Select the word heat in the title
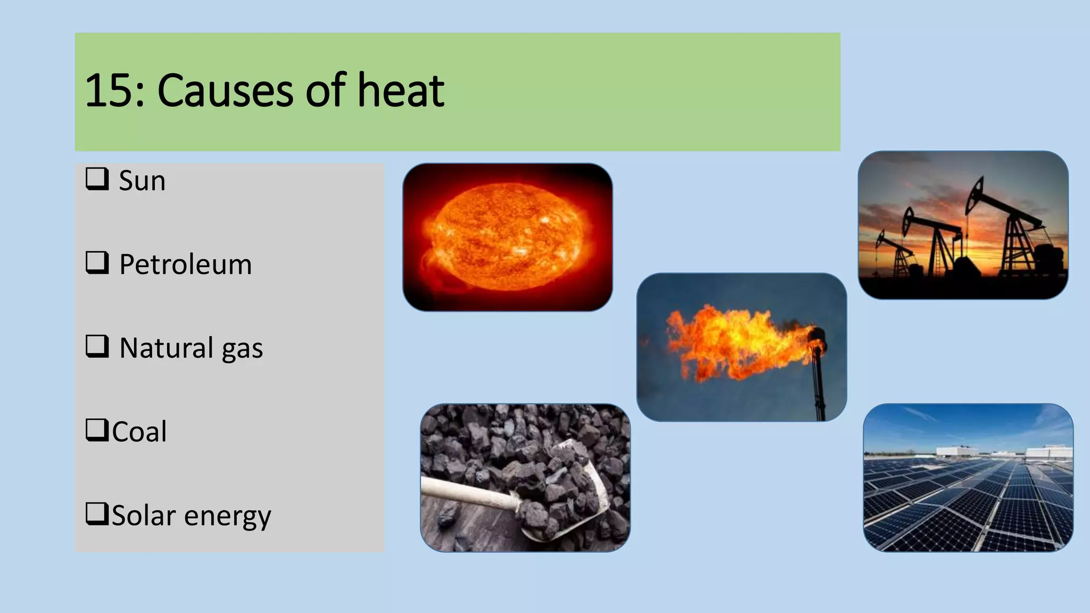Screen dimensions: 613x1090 400,90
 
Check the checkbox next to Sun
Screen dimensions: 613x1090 97,179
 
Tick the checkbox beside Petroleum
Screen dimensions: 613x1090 97,263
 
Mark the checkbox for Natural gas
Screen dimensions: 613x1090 97,346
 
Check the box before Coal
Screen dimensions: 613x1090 97,430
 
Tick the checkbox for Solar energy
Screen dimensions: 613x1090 97,513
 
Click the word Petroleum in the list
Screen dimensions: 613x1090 185,264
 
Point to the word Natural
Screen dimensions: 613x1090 166,348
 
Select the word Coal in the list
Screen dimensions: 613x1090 139,432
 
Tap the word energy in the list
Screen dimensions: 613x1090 228,516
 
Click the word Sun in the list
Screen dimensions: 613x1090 142,181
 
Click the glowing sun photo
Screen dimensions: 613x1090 507,237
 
